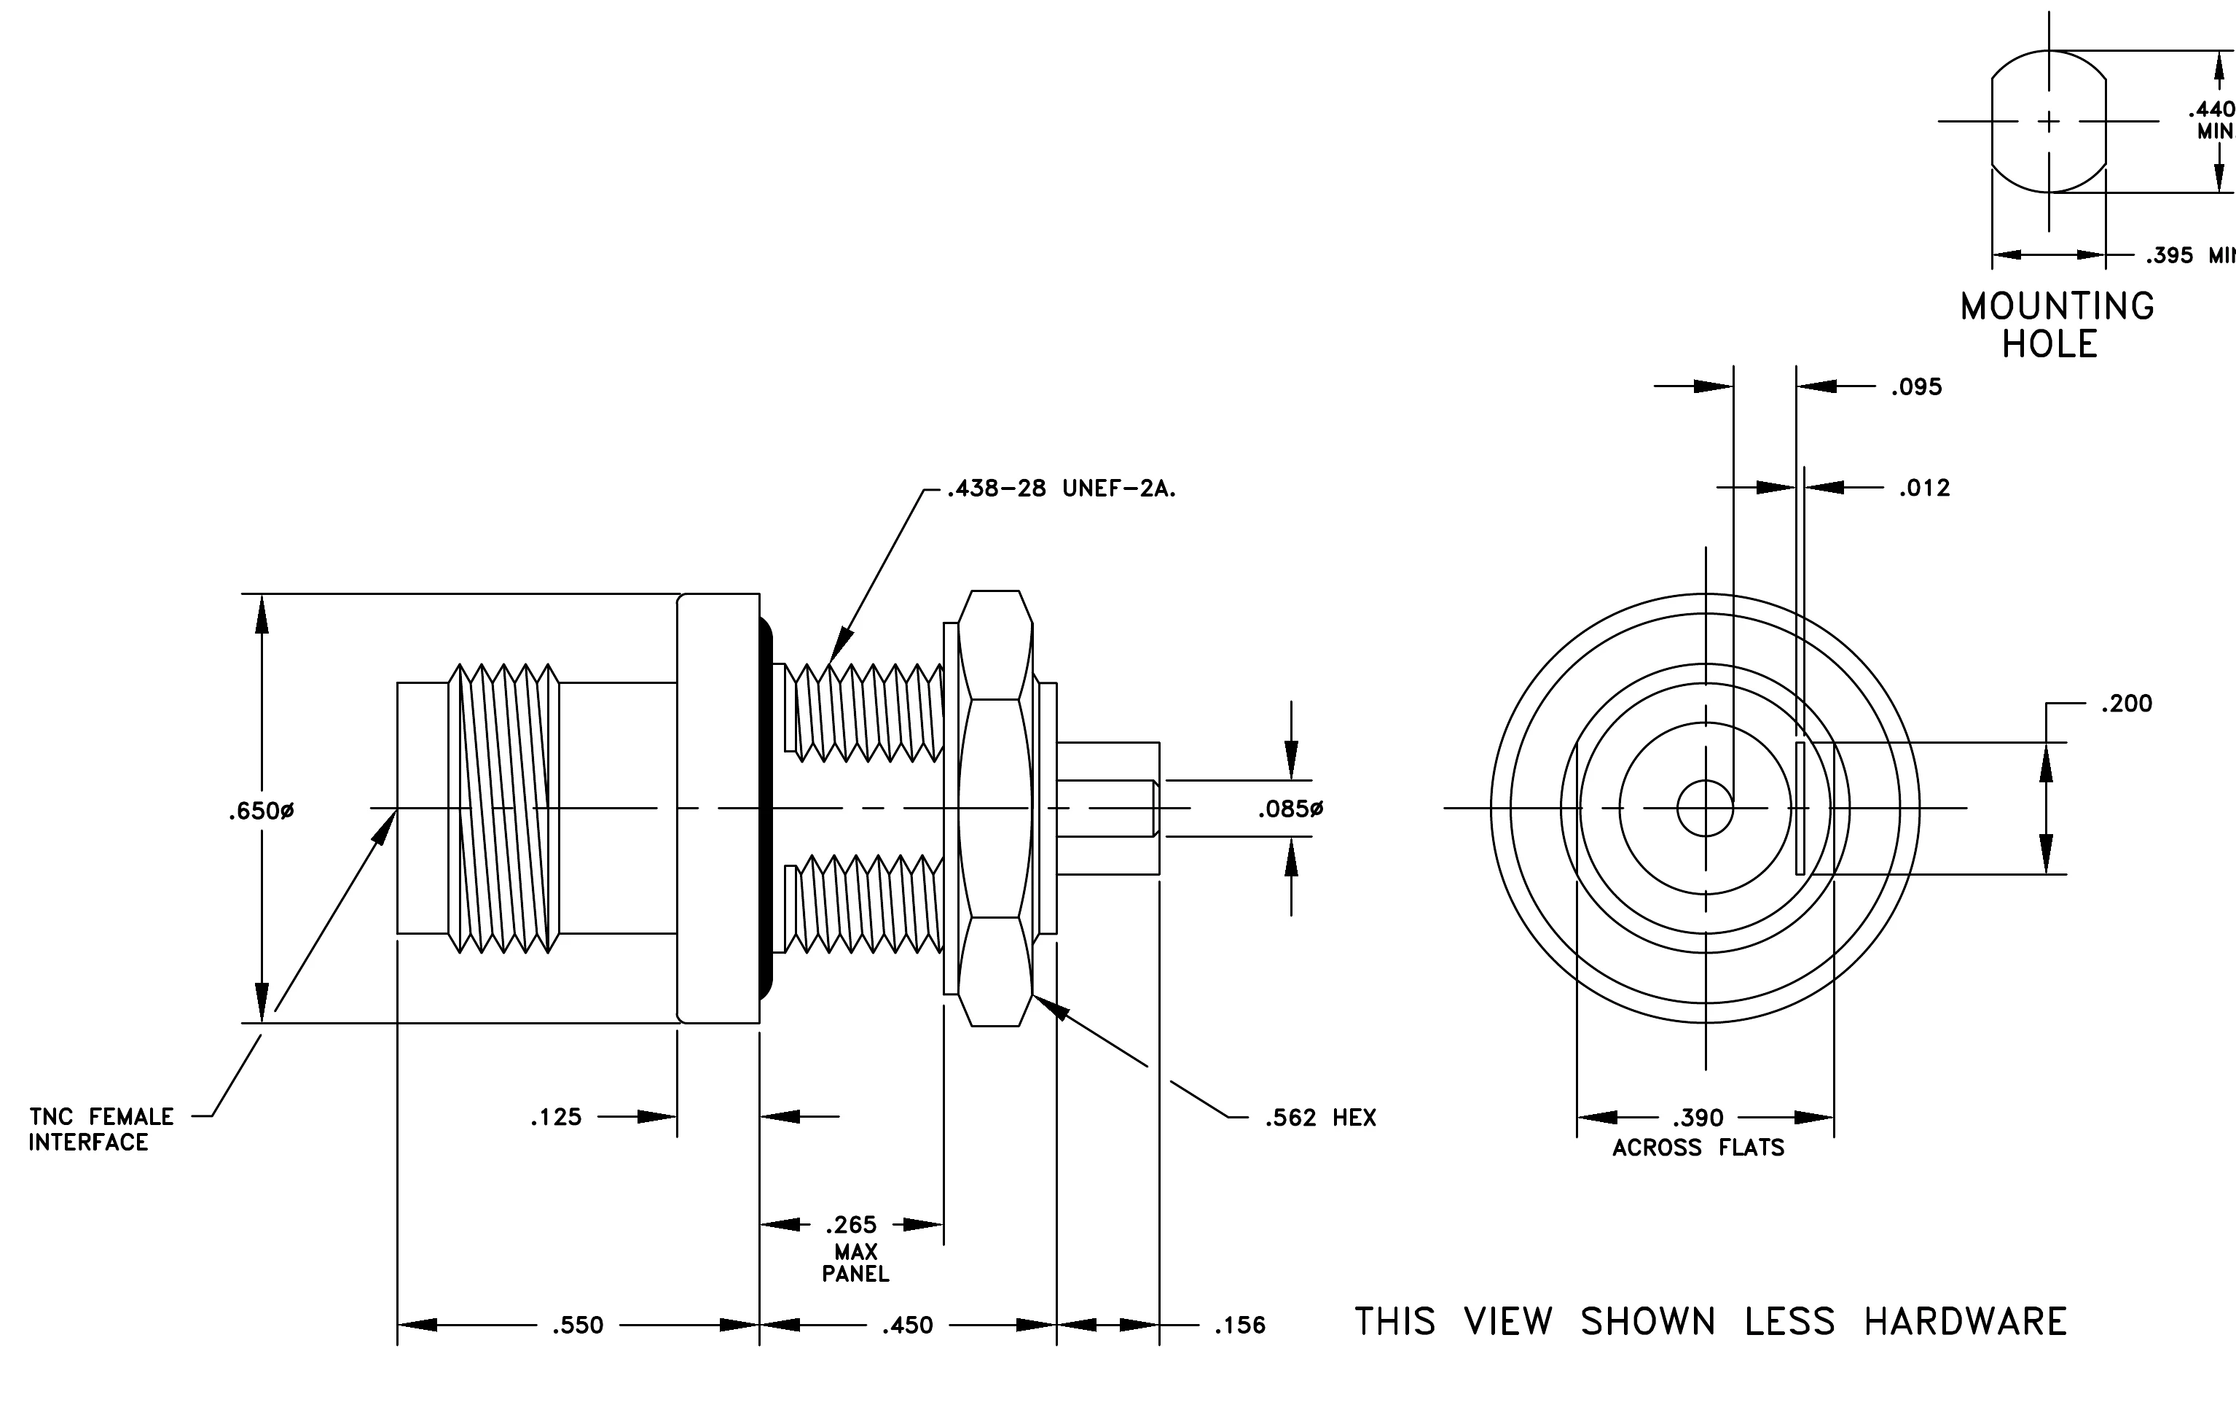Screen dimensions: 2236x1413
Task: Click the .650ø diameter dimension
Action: click(261, 811)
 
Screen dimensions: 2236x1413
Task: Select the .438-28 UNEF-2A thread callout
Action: click(1062, 488)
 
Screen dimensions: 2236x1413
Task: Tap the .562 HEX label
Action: click(1320, 1118)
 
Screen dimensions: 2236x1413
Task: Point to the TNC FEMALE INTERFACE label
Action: click(101, 1129)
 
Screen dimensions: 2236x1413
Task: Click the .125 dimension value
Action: click(556, 1117)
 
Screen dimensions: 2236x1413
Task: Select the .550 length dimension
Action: click(578, 1325)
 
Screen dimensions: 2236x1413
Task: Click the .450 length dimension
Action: click(907, 1325)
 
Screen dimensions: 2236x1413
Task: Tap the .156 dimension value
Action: click(1239, 1325)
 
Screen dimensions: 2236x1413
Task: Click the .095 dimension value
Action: click(1917, 386)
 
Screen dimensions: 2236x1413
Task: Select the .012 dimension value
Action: click(1924, 488)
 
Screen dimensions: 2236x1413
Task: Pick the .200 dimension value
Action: click(2127, 704)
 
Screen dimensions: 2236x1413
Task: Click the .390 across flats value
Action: click(1698, 1118)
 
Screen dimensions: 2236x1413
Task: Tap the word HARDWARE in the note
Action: click(1966, 1321)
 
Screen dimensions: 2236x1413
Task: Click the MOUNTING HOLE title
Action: click(2057, 325)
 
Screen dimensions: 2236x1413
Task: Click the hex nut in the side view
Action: click(995, 809)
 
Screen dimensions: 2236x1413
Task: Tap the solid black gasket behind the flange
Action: click(766, 809)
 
